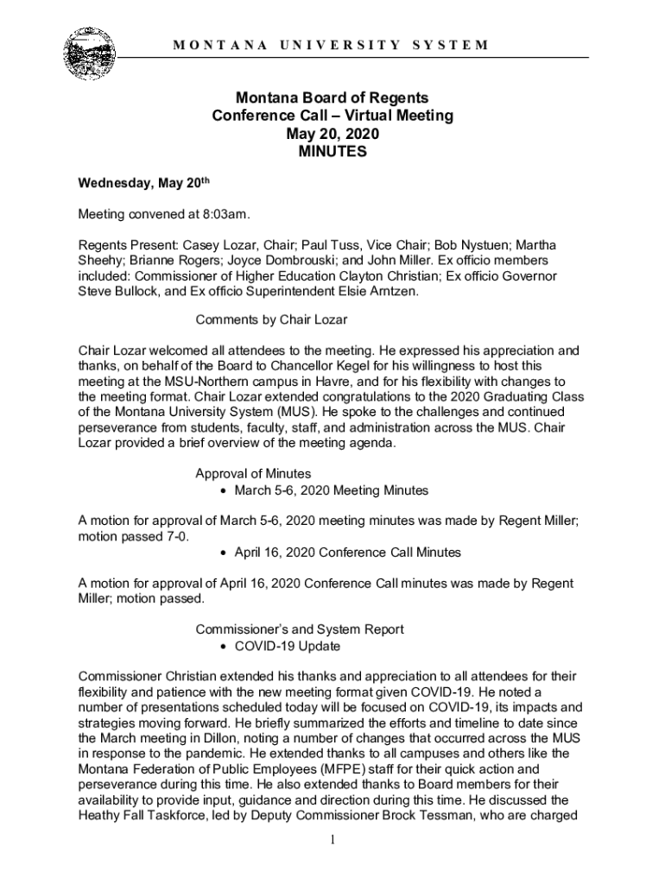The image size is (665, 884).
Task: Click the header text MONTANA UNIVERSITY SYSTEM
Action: pos(332,44)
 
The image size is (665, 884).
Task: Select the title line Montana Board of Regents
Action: pos(332,98)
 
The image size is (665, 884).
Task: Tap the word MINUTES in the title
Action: pos(332,153)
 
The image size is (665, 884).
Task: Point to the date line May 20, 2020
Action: pos(332,135)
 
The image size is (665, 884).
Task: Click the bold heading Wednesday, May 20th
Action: pos(144,184)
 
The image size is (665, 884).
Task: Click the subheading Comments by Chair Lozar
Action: pos(271,320)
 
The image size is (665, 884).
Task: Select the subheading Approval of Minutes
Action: pos(253,473)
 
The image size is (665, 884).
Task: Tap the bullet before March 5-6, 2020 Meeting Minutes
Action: pos(224,491)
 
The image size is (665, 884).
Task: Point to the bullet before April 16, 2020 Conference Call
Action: pos(224,552)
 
